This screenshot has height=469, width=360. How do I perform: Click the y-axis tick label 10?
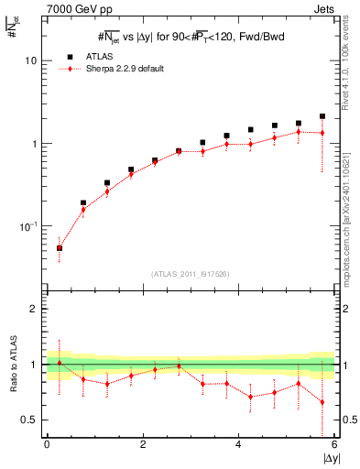click(x=30, y=60)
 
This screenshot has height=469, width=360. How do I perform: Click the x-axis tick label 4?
click(x=238, y=444)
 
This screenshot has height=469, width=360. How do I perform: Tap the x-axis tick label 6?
click(x=334, y=444)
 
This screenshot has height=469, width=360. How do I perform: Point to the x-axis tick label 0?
click(x=47, y=444)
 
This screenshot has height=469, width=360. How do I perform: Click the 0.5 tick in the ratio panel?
click(x=28, y=420)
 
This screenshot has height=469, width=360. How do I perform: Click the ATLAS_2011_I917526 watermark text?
click(x=191, y=274)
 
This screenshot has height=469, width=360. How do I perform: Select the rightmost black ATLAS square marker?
click(x=322, y=116)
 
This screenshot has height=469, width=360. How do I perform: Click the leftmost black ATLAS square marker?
click(x=60, y=247)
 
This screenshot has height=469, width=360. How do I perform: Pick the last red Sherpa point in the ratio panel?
click(x=322, y=402)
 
